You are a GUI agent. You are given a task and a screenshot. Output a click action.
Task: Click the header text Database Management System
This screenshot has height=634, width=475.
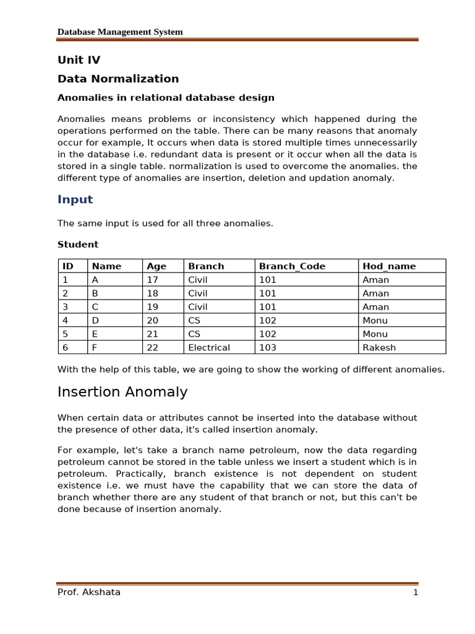[x=120, y=32]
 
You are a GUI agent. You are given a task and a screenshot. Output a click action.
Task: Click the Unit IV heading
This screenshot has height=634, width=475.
[x=79, y=60]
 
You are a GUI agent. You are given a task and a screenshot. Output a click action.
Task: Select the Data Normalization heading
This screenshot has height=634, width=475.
[x=118, y=79]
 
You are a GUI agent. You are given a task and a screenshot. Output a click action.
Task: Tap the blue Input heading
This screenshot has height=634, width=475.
[x=75, y=199]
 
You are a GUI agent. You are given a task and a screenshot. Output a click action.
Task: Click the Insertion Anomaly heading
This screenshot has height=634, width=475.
[x=122, y=392]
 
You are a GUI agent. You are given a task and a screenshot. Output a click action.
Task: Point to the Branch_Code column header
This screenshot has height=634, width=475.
[x=292, y=266]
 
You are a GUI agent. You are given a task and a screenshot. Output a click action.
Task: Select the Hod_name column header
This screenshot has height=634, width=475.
[x=389, y=266]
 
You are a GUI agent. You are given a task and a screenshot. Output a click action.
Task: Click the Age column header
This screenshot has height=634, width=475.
[x=156, y=266]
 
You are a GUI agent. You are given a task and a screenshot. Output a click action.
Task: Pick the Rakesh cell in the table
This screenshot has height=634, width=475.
[x=378, y=347]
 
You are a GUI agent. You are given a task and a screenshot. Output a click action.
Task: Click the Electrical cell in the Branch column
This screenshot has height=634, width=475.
[x=209, y=347]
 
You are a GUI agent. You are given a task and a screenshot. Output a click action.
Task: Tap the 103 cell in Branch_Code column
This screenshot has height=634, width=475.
[x=268, y=347]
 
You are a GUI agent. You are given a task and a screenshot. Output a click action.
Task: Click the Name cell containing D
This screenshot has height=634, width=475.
[x=95, y=320]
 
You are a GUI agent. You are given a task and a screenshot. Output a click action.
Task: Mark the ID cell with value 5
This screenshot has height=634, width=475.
[x=65, y=334]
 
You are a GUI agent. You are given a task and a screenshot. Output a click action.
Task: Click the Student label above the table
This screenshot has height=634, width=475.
[x=78, y=245]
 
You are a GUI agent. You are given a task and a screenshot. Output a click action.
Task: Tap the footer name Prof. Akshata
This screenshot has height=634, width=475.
[x=89, y=592]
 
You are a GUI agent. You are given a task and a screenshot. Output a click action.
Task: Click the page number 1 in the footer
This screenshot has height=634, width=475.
[x=416, y=593]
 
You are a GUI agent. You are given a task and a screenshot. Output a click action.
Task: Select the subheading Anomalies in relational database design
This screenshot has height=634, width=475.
[x=166, y=98]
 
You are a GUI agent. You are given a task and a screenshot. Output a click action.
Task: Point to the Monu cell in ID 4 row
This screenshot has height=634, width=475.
[x=375, y=320]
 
